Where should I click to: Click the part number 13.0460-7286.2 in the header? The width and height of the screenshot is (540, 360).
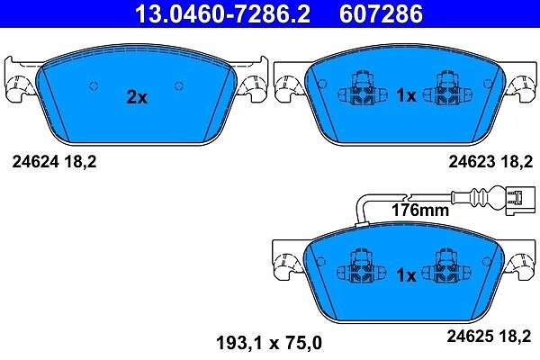222,13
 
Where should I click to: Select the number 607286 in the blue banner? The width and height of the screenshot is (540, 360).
381,13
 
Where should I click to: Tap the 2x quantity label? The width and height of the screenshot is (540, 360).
137,97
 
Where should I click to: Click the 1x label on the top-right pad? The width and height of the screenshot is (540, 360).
407,95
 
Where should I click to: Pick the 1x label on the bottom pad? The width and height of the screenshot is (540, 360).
407,274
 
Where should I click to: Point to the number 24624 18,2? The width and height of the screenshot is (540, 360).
54,161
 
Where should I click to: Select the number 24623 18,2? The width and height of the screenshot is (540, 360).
490,161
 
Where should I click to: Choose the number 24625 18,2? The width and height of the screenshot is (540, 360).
489,336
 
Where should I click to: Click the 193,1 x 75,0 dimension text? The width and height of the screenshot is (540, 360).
269,343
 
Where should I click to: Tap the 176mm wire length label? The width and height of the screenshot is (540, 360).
420,210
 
